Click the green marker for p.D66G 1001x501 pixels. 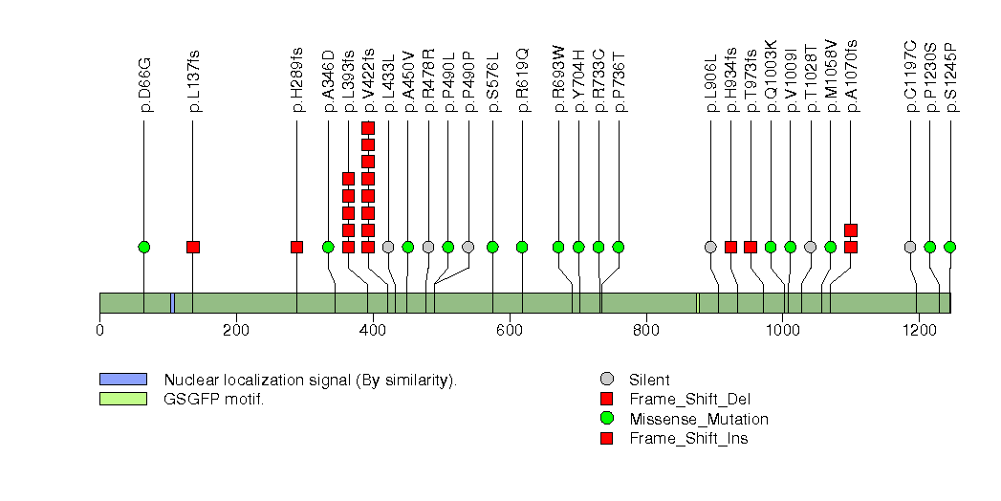pyautogui.click(x=144, y=247)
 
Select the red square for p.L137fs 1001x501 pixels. pyautogui.click(x=193, y=247)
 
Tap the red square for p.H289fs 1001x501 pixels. pyautogui.click(x=296, y=247)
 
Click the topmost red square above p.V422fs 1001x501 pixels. pyautogui.click(x=368, y=127)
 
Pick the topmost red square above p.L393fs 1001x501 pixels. pyautogui.click(x=348, y=179)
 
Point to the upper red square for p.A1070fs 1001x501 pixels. pyautogui.click(x=851, y=229)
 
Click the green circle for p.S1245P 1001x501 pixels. pyautogui.click(x=949, y=247)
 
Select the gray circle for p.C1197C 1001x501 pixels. pyautogui.click(x=910, y=247)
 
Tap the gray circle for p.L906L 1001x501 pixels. pyautogui.click(x=710, y=247)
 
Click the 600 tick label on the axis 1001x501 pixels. pyautogui.click(x=510, y=331)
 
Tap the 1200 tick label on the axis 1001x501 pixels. pyautogui.click(x=919, y=331)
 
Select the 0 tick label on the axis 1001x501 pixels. pyautogui.click(x=99, y=331)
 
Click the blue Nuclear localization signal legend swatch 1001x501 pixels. pyautogui.click(x=123, y=380)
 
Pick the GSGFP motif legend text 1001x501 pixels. pyautogui.click(x=213, y=399)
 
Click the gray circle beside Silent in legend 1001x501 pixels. pyautogui.click(x=605, y=380)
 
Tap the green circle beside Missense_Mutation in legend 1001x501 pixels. pyautogui.click(x=605, y=419)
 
